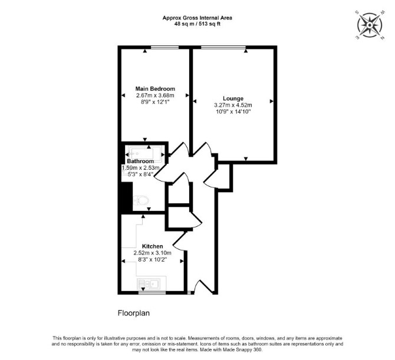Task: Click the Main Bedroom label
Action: click(x=155, y=89)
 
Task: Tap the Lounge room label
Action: click(x=233, y=98)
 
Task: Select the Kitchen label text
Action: click(x=153, y=246)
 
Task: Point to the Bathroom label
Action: click(x=140, y=161)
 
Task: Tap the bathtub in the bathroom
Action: click(x=145, y=153)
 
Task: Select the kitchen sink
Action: click(x=149, y=284)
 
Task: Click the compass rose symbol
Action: click(x=370, y=25)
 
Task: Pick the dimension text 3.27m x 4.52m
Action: click(x=233, y=105)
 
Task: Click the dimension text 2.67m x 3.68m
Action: click(x=155, y=95)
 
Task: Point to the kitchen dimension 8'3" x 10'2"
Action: click(x=153, y=260)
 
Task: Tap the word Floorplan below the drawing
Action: click(x=134, y=313)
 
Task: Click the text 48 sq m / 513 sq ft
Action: click(x=197, y=24)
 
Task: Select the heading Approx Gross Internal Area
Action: click(x=197, y=18)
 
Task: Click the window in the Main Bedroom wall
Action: click(x=164, y=47)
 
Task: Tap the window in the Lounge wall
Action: click(x=223, y=47)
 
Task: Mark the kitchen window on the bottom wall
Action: click(x=152, y=293)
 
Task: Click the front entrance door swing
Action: click(x=204, y=286)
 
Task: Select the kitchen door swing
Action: click(x=180, y=241)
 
